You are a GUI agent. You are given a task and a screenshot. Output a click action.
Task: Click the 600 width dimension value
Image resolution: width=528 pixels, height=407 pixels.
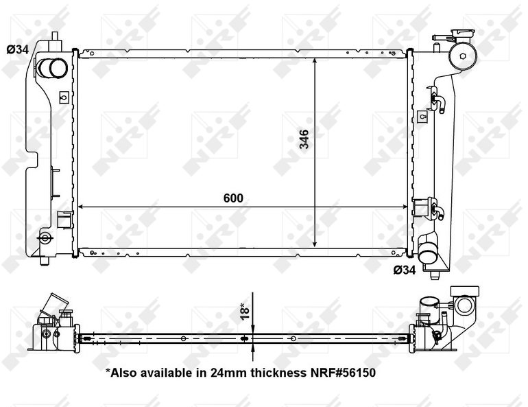[x=233, y=198]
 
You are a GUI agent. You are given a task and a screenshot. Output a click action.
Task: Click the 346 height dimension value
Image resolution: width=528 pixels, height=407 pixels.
[x=304, y=139]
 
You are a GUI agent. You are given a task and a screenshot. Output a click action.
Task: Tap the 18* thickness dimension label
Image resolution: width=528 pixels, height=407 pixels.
[x=245, y=311]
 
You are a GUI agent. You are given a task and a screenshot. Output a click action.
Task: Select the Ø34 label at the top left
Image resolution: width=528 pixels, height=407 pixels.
[x=18, y=49]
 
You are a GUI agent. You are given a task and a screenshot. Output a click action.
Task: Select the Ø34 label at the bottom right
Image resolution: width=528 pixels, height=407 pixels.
[x=405, y=270]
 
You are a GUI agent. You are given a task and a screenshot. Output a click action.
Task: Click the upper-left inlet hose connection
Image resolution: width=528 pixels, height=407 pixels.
[x=52, y=68]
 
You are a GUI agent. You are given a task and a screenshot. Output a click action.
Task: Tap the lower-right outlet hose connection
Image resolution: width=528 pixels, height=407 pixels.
[x=427, y=252]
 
